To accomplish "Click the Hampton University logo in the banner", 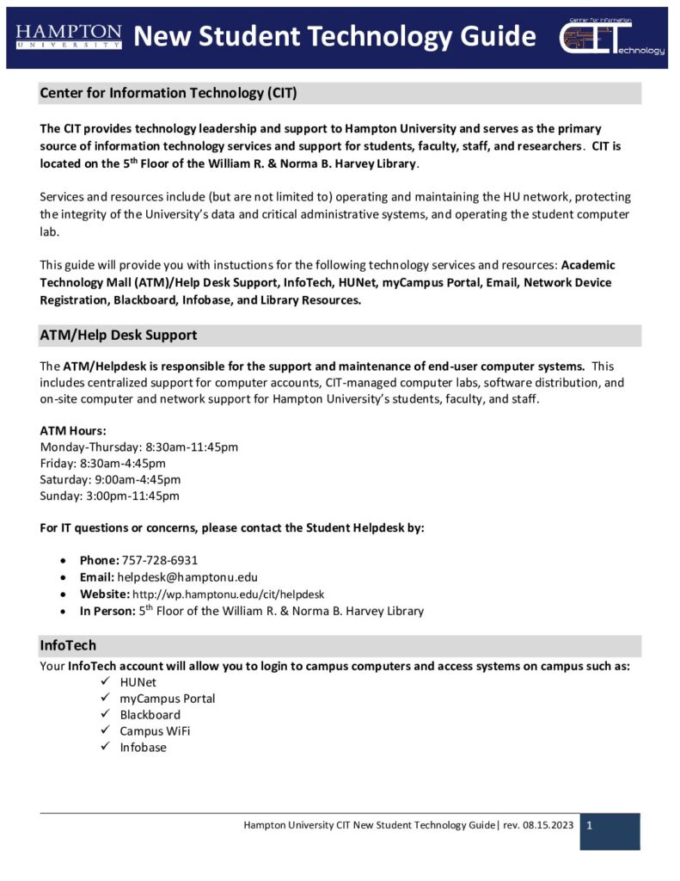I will (x=69, y=36).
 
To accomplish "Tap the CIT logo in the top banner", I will (x=612, y=38).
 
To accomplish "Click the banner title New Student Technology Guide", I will (x=335, y=37).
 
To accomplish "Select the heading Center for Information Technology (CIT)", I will (x=168, y=93).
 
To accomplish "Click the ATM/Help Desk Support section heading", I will (x=119, y=335).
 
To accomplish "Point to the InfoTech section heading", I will (x=68, y=645).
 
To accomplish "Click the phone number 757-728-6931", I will (x=160, y=560).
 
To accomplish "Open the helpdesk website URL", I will (x=228, y=595).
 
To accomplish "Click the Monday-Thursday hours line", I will (x=139, y=447).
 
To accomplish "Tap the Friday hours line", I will (x=103, y=463).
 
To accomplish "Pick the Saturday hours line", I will (x=110, y=479).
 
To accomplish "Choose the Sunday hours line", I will (x=110, y=496).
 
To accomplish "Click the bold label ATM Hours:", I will (x=73, y=430).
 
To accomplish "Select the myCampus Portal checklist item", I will (x=168, y=699).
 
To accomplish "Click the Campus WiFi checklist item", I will (x=155, y=731).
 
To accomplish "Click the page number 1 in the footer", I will (x=591, y=826).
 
